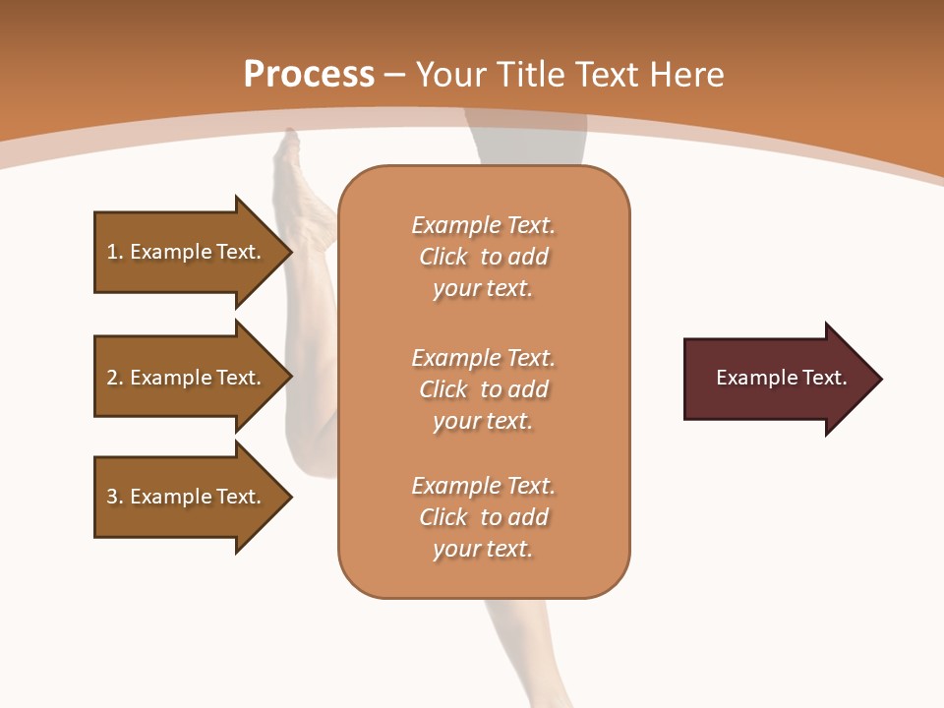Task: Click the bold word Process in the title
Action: point(309,75)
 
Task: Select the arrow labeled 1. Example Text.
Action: point(187,252)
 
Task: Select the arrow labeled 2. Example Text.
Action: point(187,378)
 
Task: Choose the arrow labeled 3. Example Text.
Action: point(187,497)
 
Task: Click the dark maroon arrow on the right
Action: point(777,378)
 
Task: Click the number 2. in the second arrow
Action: point(114,378)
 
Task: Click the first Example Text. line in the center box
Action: point(483,225)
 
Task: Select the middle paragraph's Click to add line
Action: point(483,389)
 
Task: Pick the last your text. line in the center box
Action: point(483,550)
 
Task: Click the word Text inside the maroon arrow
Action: point(826,378)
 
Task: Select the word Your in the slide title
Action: point(446,75)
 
